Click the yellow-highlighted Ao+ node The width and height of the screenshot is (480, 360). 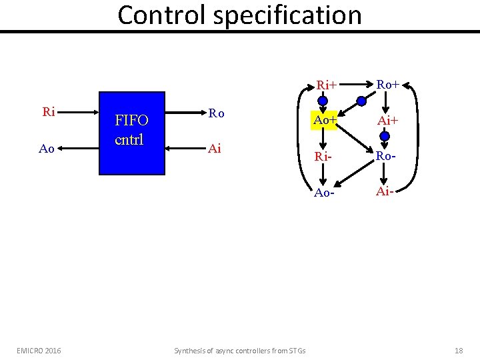pos(324,121)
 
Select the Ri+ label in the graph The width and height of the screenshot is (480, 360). pos(327,85)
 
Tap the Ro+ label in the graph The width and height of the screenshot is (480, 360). pos(387,84)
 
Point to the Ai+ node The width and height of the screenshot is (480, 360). pos(387,121)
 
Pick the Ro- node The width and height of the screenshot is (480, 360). pos(386,157)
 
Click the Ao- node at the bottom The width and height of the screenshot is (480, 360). pos(324,192)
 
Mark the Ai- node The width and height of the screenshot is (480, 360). pos(385,192)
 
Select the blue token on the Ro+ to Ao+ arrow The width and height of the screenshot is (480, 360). pos(361,102)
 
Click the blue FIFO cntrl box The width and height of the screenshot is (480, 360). pos(132,133)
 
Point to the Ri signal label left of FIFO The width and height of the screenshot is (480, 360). pos(48,112)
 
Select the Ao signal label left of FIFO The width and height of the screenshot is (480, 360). pos(47,149)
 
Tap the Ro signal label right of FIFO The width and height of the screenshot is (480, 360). pos(216,113)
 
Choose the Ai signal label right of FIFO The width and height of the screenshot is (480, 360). pos(215,149)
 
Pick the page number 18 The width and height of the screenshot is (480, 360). pos(458,350)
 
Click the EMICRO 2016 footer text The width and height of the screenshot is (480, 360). pos(39,350)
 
